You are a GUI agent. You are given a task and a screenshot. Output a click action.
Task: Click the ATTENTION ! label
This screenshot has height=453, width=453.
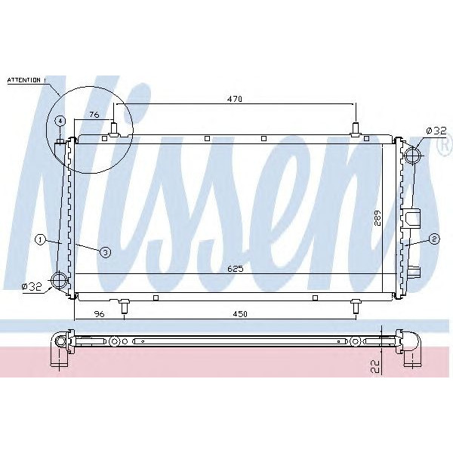point(26,79)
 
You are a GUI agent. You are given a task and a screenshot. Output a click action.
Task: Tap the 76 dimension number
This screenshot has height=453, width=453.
point(94,115)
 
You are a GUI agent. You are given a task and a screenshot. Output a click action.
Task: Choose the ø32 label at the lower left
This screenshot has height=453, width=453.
point(31,286)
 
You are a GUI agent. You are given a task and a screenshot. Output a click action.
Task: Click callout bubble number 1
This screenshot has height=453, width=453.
point(40,240)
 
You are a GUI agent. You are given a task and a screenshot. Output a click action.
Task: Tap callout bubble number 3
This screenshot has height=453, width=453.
point(105,252)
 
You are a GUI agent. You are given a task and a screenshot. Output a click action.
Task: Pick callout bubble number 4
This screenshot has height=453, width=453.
point(60,121)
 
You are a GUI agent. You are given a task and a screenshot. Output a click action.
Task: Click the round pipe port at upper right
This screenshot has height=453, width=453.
point(411,156)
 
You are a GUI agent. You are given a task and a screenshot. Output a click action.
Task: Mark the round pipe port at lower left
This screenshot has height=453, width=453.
point(59,282)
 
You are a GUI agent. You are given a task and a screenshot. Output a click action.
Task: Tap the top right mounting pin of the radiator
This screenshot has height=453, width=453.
point(356,131)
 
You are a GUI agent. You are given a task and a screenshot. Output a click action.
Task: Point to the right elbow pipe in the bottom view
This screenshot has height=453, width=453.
point(412,345)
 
